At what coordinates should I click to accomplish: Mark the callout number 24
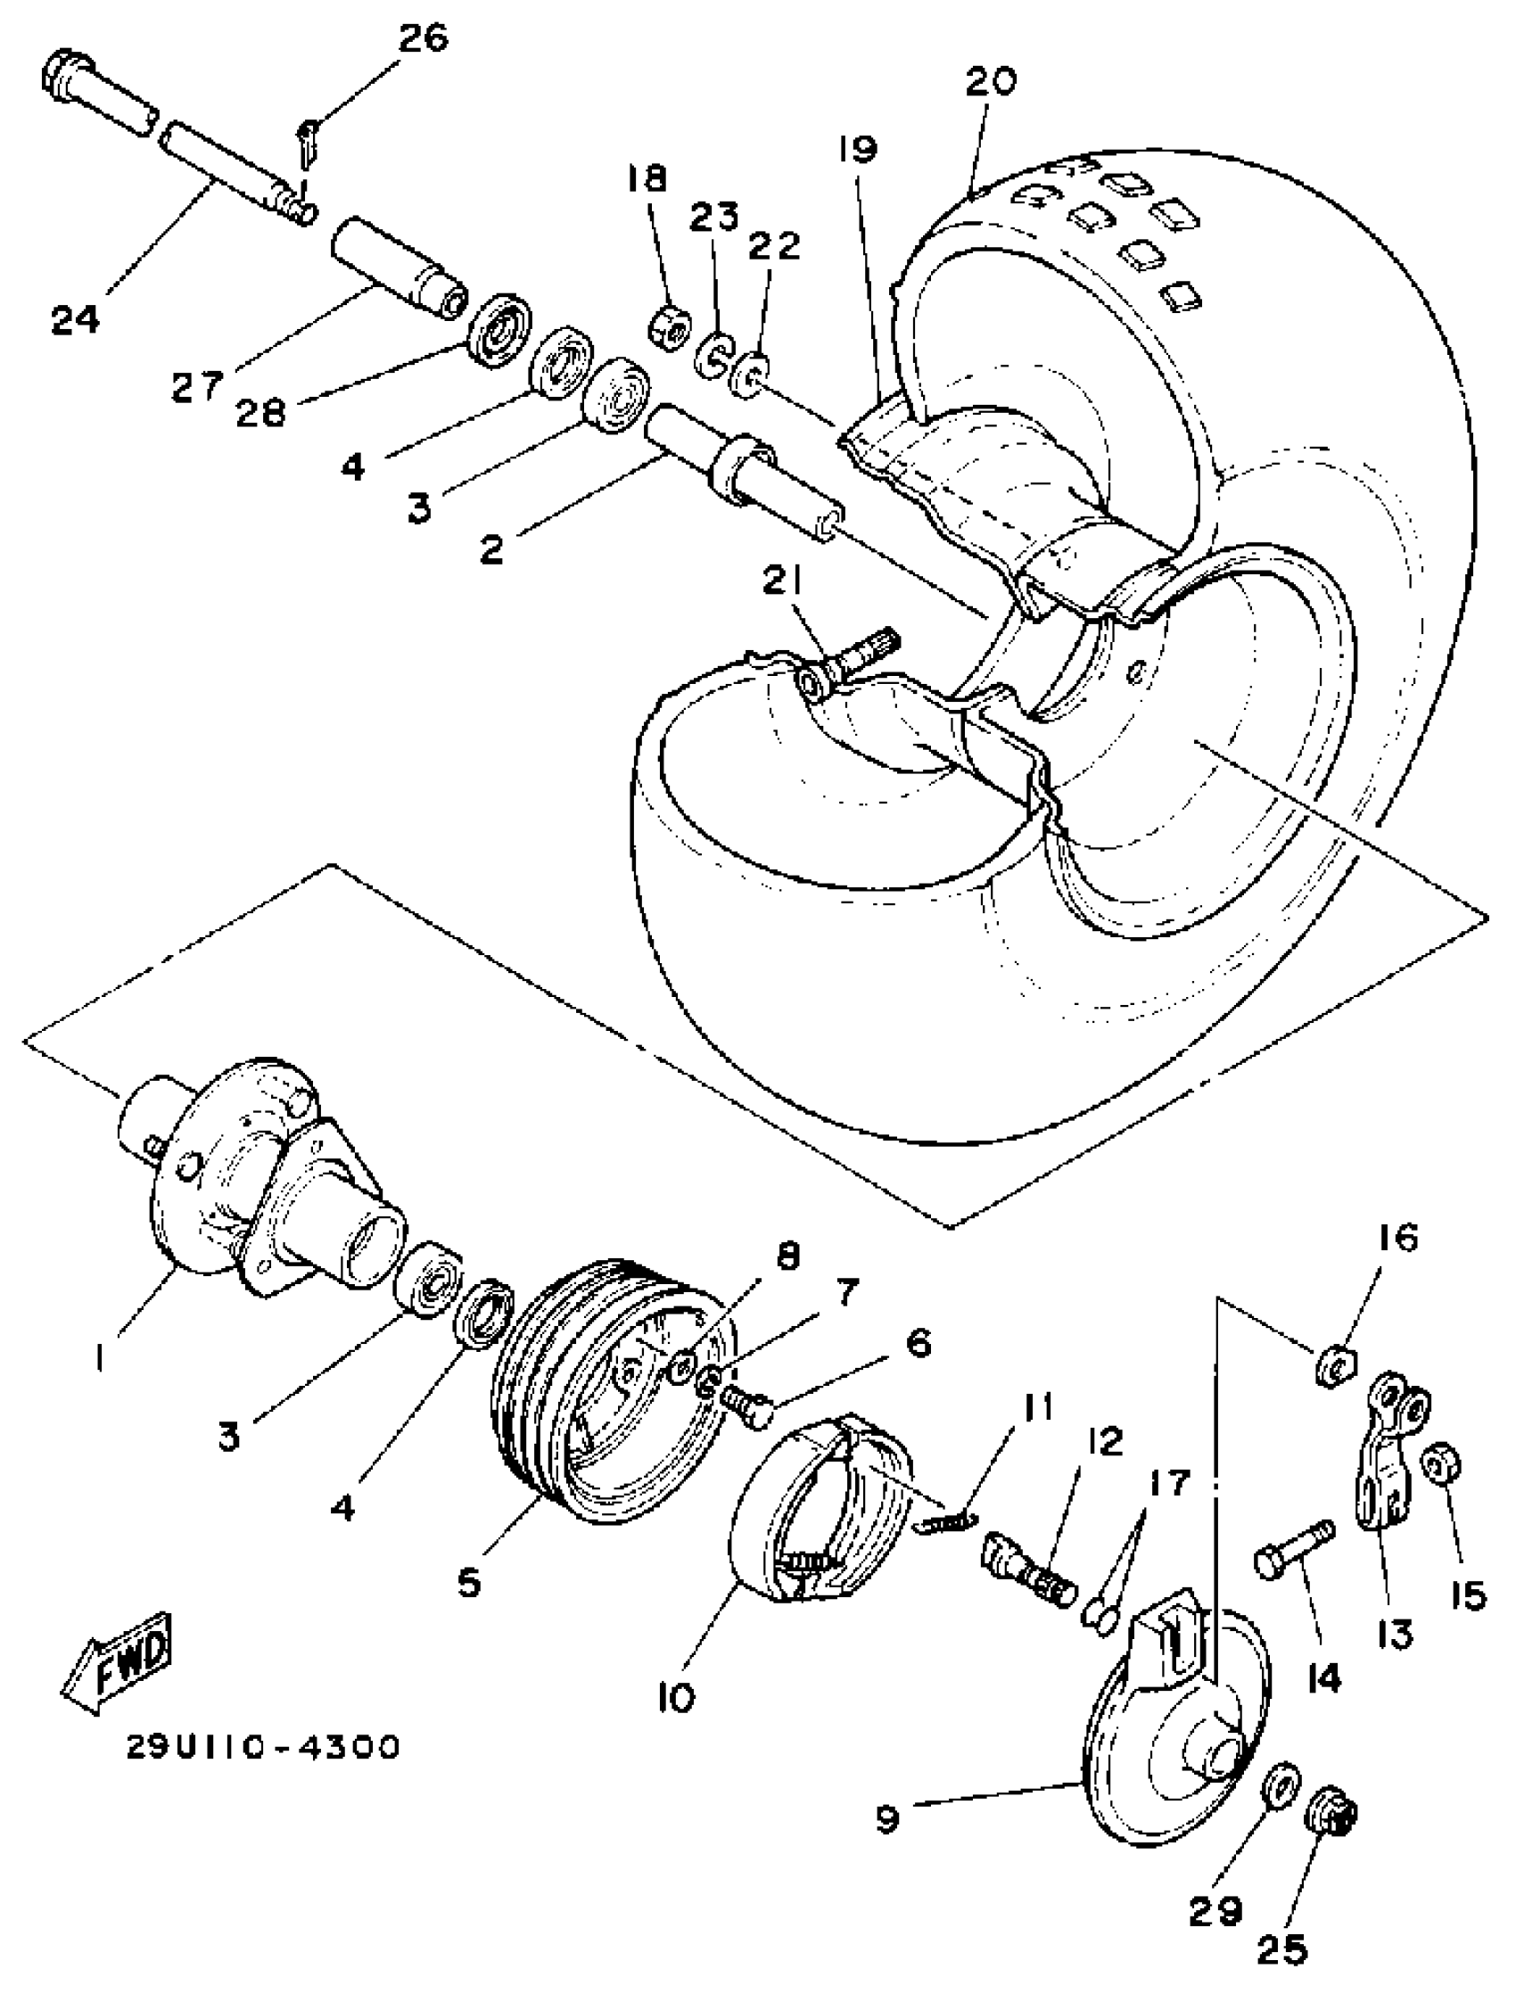[75, 320]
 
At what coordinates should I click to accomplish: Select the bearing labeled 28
[498, 329]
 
